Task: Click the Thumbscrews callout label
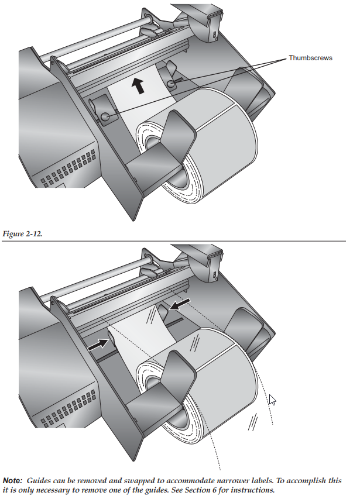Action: [310, 58]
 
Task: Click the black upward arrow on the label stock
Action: [138, 86]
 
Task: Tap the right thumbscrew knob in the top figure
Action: [172, 84]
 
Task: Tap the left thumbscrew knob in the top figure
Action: [105, 117]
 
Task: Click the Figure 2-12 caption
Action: [23, 234]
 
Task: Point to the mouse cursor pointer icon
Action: [272, 400]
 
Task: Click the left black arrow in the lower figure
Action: [98, 345]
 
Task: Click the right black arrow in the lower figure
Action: [180, 304]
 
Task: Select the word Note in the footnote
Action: [13, 480]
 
